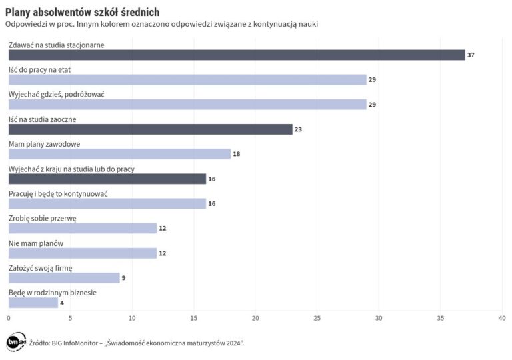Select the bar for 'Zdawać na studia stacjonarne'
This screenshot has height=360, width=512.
pos(236,55)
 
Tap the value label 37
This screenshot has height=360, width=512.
pos(471,55)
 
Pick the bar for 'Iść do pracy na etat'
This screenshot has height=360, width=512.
pos(187,80)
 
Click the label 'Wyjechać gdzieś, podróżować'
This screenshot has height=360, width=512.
pos(56,94)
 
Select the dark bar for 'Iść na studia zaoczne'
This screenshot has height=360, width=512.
pos(150,129)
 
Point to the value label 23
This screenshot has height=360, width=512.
pos(298,129)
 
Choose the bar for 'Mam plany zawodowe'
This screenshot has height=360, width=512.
pos(119,154)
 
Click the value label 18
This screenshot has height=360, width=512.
pos(236,154)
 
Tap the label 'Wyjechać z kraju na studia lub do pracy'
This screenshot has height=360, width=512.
pos(71,169)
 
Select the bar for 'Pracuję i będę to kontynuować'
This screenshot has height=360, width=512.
pos(107,203)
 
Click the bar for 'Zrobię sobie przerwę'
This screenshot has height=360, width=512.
pos(82,228)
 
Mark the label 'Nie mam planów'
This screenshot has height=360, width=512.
pos(35,243)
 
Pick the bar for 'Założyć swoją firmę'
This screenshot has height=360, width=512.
pos(63,277)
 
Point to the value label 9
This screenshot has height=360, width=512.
pos(123,277)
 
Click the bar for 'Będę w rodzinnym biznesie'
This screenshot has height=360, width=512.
pos(33,303)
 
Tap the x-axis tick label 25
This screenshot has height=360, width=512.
pos(317,318)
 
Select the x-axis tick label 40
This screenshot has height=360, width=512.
pos(501,318)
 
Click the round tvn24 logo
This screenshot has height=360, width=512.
pos(15,342)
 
